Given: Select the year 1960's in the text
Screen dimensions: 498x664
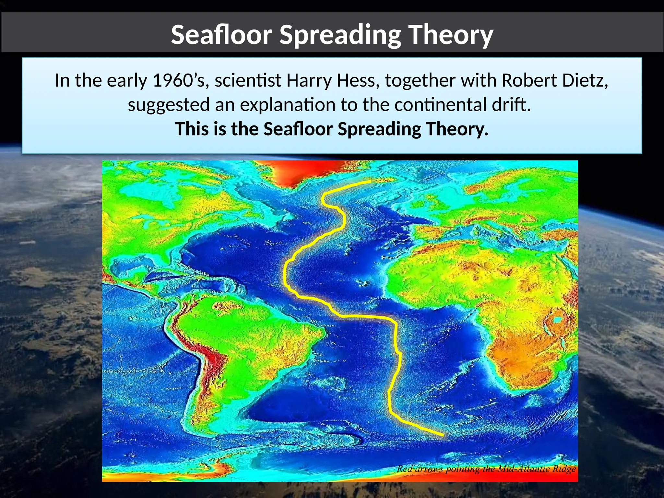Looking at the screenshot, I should click(178, 80).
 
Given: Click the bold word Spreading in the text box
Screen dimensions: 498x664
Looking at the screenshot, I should click(379, 129).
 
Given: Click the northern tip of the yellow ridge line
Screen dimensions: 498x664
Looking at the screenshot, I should click(370, 182).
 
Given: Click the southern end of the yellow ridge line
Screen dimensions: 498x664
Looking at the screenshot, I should click(443, 435).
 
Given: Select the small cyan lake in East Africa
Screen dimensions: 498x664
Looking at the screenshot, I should click(557, 320).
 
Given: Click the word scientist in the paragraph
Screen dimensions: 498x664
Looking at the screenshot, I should click(248, 80).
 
